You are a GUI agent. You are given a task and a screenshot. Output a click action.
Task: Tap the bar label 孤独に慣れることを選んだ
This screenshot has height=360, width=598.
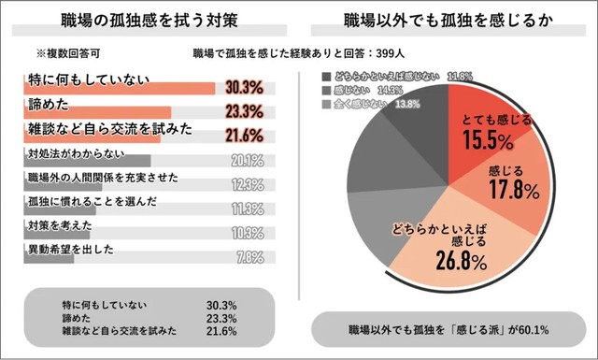pos(82,201)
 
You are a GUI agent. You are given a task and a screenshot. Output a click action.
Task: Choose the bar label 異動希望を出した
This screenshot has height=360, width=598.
pos(70,250)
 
